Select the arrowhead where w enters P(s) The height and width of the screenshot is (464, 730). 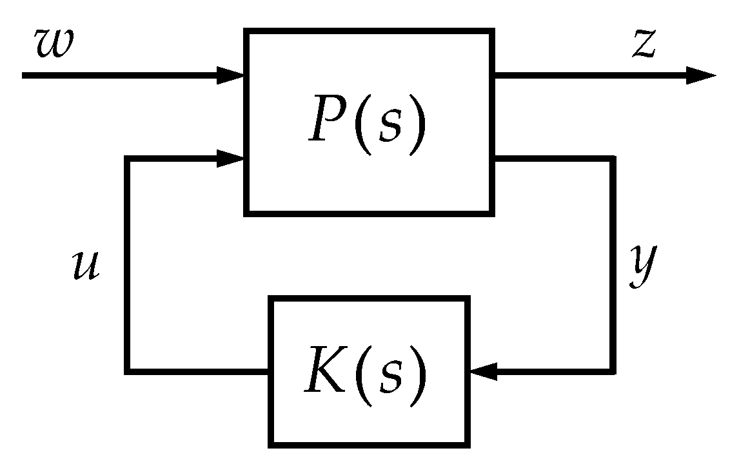[230, 75]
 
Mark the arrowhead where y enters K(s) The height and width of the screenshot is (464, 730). [484, 371]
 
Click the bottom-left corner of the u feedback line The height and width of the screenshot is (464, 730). [128, 371]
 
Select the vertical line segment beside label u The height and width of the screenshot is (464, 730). [128, 264]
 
